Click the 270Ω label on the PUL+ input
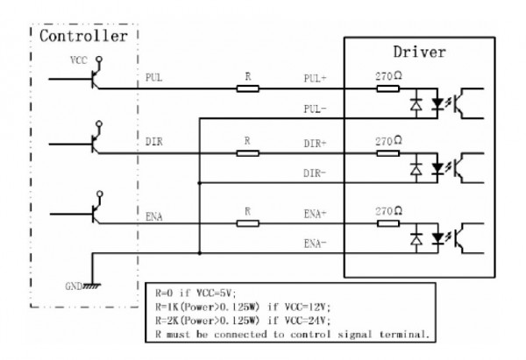click(388, 75)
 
